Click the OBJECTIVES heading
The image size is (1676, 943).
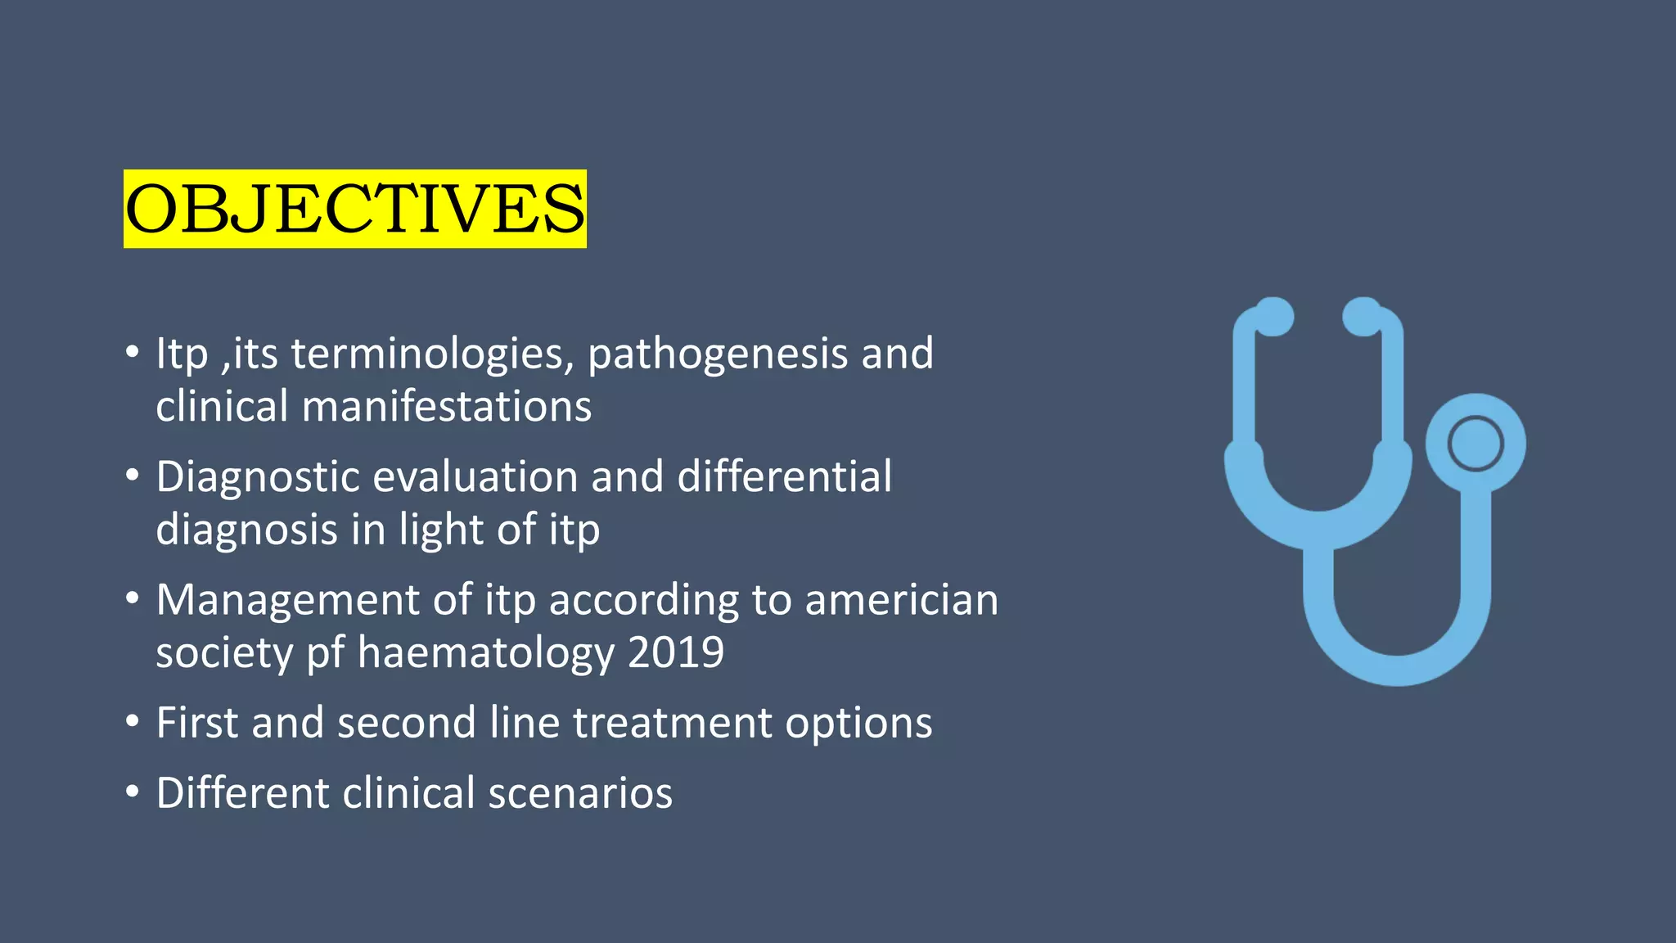[354, 209]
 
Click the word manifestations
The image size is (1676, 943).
[446, 407]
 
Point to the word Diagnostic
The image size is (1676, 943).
[257, 477]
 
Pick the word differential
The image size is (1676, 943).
[784, 476]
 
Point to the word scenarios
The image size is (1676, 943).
[580, 793]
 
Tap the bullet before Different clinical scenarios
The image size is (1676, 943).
[133, 792]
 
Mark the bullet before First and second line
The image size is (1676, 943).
[133, 722]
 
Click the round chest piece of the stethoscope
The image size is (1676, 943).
[1475, 444]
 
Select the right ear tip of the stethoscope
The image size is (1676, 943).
[1363, 317]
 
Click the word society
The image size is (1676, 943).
[223, 653]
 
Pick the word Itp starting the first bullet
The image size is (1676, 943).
[182, 354]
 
